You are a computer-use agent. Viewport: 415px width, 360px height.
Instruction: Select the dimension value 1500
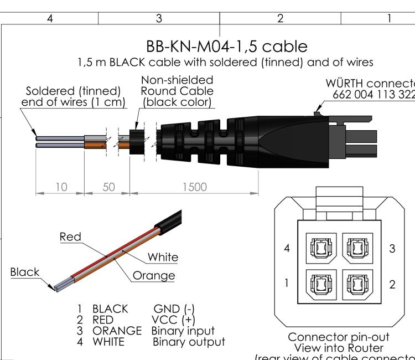[x=193, y=187]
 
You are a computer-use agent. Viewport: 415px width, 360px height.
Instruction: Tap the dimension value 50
[x=108, y=187]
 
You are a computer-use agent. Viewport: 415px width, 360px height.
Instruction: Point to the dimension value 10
[x=61, y=187]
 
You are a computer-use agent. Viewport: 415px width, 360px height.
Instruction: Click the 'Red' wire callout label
[x=70, y=237]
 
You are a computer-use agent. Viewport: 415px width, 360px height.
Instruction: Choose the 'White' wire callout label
[x=163, y=257]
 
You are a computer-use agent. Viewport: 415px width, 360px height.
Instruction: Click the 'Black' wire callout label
[x=25, y=272]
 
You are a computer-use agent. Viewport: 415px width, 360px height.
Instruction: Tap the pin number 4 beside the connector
[x=287, y=249]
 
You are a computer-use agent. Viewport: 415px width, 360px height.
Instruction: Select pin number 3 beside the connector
[x=392, y=249]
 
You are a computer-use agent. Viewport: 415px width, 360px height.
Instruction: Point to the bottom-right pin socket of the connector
[x=356, y=283]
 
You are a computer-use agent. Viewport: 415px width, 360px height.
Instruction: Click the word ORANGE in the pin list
[x=117, y=331]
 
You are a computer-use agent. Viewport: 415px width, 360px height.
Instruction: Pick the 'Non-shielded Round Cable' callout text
[x=177, y=91]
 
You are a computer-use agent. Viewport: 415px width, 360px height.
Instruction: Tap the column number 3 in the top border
[x=159, y=18]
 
